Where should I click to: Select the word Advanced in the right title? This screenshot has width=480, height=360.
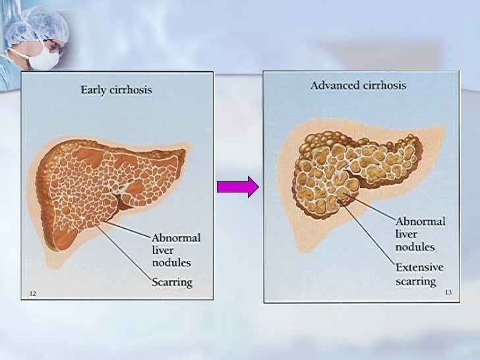pyautogui.click(x=335, y=85)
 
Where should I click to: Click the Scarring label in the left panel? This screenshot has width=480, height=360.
pyautogui.click(x=172, y=282)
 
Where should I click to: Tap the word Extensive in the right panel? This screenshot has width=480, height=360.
pyautogui.click(x=419, y=268)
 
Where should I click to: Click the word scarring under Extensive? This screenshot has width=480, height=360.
pyautogui.click(x=415, y=282)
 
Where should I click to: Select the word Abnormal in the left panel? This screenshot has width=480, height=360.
pyautogui.click(x=176, y=237)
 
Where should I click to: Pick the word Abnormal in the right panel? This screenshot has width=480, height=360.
pyautogui.click(x=420, y=222)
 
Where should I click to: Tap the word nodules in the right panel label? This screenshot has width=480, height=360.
pyautogui.click(x=415, y=247)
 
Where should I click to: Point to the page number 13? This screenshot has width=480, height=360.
pyautogui.click(x=448, y=292)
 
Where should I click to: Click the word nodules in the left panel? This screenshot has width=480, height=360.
pyautogui.click(x=171, y=262)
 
